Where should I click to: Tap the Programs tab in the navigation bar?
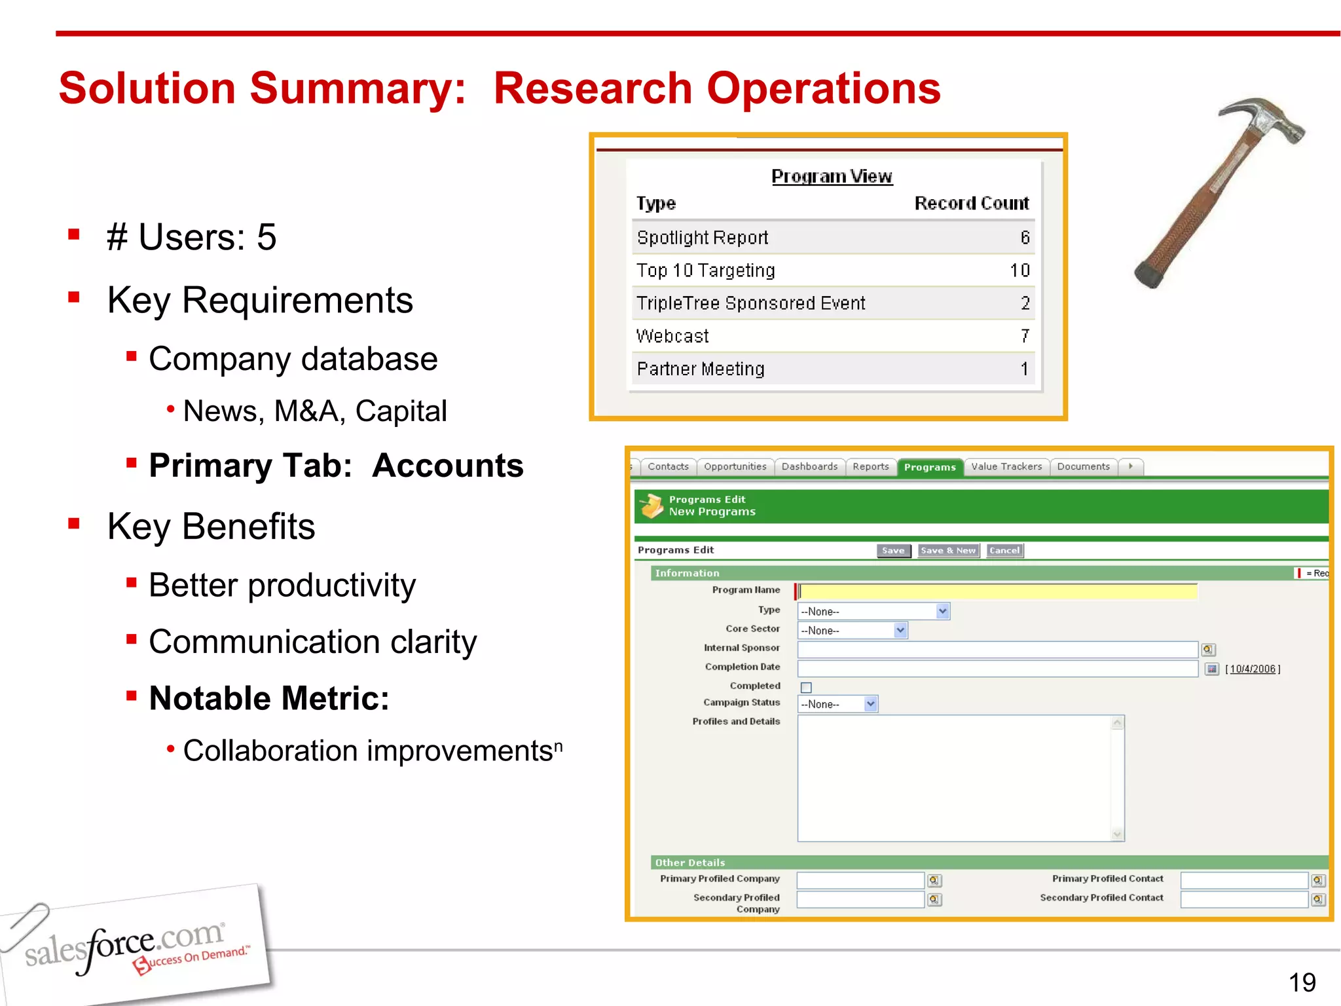930,467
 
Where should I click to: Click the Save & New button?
948,551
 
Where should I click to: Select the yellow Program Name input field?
998,591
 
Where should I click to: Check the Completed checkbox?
806,687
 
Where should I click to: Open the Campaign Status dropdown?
837,704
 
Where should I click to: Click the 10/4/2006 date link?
1253,669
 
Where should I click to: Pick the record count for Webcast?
1025,336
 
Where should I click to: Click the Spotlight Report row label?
703,238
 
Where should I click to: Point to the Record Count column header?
972,203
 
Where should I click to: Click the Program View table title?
832,176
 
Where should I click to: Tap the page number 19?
1302,982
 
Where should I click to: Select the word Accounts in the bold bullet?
448,466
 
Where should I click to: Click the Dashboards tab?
809,467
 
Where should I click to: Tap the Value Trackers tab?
1006,467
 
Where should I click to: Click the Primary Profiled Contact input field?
1244,880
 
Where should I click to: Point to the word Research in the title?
592,88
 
